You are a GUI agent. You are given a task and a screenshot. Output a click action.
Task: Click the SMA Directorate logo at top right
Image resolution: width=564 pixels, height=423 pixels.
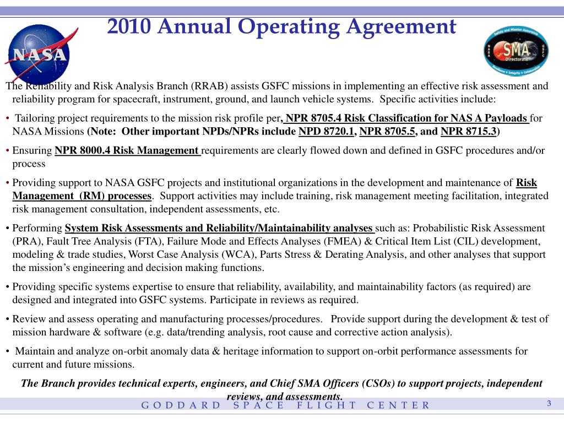pos(516,51)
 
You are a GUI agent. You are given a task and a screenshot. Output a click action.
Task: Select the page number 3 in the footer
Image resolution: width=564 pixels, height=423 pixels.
pos(549,404)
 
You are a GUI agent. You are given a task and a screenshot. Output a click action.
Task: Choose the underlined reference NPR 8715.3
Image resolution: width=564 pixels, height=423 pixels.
pos(469,131)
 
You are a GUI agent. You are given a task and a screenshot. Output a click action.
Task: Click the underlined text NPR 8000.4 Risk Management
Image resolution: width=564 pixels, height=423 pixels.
pos(128,150)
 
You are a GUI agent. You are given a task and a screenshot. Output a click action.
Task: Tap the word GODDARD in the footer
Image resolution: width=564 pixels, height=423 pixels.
pos(181,405)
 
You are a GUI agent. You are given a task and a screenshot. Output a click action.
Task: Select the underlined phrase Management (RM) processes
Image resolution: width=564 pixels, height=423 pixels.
pos(82,196)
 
